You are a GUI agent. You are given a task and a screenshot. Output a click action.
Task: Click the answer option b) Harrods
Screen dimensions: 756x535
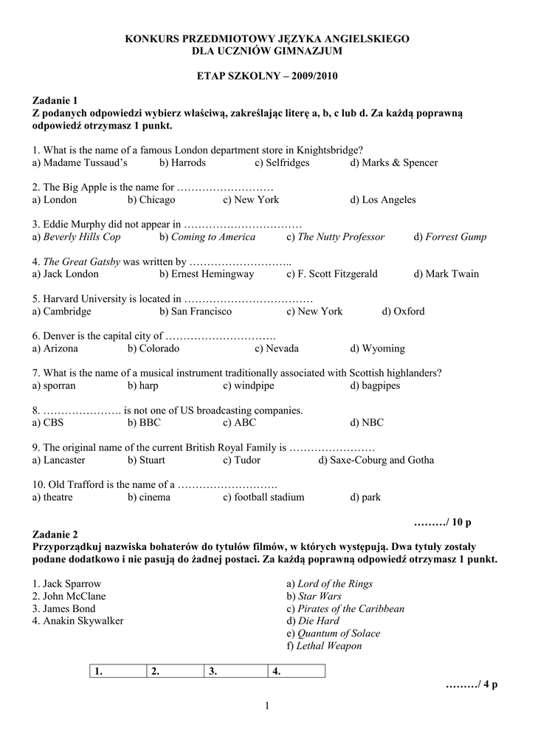182,162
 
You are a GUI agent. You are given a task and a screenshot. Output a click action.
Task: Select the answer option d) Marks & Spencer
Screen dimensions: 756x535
394,162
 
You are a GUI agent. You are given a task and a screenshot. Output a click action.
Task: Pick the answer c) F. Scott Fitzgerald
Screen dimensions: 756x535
332,274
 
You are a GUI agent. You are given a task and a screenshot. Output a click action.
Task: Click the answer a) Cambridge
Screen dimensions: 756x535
62,311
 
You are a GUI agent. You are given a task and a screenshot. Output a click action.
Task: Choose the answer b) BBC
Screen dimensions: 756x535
144,423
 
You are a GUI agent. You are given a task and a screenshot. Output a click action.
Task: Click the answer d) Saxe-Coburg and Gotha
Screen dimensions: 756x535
376,460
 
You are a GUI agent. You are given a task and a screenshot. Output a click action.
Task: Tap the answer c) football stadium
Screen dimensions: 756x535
263,497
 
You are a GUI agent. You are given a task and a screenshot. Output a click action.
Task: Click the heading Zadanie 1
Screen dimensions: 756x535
55,100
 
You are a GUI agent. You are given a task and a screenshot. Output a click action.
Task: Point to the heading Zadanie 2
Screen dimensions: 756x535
55,534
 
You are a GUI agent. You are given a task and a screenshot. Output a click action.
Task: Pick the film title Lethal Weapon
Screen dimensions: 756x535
324,646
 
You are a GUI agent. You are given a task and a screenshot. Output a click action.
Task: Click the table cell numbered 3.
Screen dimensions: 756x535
235,672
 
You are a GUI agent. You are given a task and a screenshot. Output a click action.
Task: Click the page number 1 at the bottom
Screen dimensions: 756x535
267,707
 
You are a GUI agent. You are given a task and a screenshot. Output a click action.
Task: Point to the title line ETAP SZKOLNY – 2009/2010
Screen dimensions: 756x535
267,76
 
